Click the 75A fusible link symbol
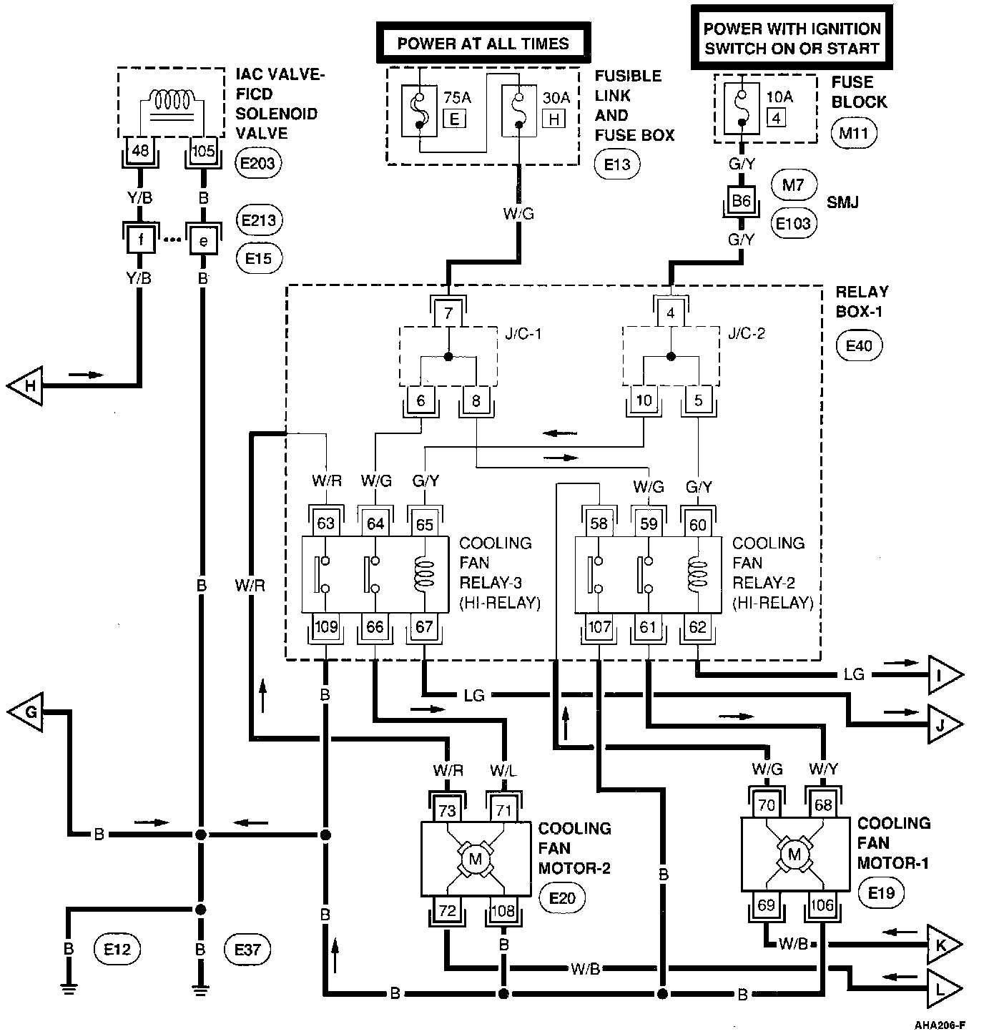click(420, 111)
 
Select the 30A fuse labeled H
click(518, 112)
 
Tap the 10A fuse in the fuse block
click(742, 109)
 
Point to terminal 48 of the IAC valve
click(140, 150)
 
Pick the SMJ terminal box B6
click(741, 201)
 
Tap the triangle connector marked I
click(944, 674)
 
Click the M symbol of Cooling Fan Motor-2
click(475, 858)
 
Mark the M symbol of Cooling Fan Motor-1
click(794, 853)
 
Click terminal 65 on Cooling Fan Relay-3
click(425, 524)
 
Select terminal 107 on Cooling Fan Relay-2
click(599, 628)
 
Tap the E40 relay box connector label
click(859, 346)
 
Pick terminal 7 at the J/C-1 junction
click(448, 312)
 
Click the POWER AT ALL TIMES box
click(483, 43)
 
